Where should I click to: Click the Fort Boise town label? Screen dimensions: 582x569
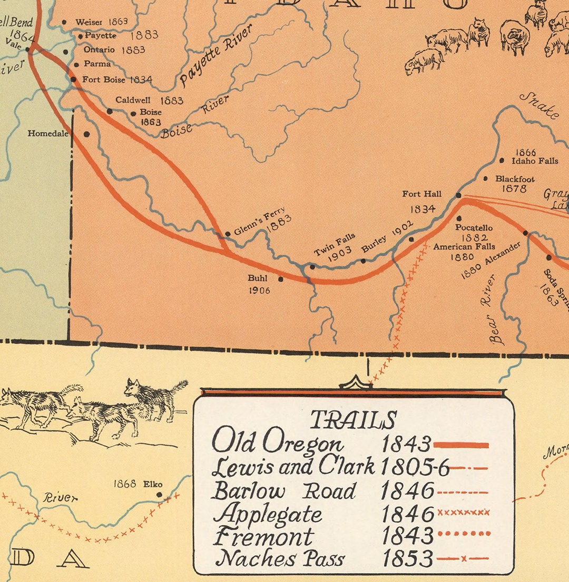click(104, 80)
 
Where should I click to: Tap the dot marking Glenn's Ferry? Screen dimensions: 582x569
click(228, 234)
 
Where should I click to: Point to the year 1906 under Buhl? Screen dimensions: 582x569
click(259, 290)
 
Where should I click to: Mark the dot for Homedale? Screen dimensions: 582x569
click(87, 134)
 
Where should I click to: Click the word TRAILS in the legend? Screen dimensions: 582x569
click(353, 420)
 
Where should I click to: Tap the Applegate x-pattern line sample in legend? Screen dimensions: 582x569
click(463, 512)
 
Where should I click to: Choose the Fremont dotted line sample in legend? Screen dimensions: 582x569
click(463, 534)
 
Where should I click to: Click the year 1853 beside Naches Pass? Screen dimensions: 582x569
click(407, 558)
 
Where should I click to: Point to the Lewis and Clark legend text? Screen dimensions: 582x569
click(293, 467)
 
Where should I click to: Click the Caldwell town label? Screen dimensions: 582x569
click(133, 100)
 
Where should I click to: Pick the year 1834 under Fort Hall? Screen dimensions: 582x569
click(422, 209)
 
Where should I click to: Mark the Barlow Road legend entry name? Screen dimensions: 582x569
click(283, 491)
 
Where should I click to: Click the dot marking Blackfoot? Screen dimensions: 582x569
click(485, 179)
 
